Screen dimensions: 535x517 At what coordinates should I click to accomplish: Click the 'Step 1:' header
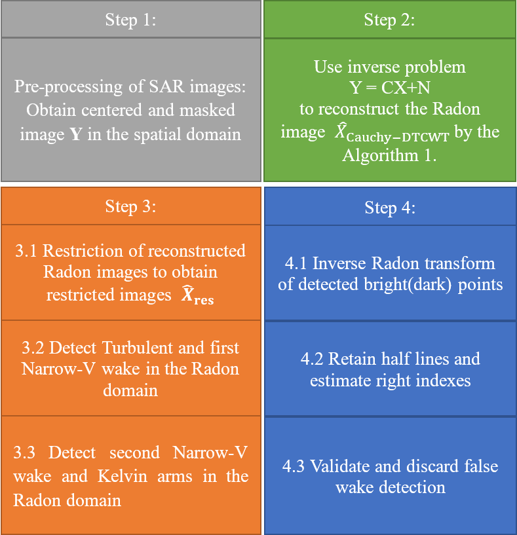tap(130, 20)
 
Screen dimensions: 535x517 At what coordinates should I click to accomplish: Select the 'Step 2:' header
tap(389, 20)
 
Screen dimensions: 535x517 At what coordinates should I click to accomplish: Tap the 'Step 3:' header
tap(130, 206)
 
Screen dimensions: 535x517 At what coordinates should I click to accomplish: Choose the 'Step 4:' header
tap(389, 208)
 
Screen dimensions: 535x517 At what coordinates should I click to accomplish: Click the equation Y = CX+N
tap(390, 87)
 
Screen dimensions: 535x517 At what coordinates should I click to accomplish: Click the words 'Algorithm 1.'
tap(389, 155)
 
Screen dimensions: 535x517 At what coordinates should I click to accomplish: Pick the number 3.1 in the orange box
tap(27, 251)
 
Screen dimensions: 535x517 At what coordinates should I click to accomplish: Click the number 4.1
tap(296, 263)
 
